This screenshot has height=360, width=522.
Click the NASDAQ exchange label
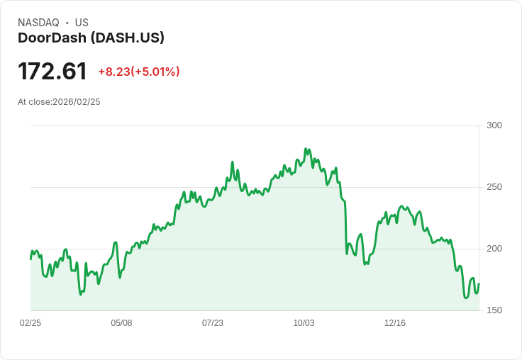pyautogui.click(x=38, y=23)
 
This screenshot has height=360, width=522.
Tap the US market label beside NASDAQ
pyautogui.click(x=82, y=23)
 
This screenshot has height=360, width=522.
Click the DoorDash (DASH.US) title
pyautogui.click(x=91, y=38)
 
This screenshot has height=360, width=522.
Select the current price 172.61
pyautogui.click(x=52, y=71)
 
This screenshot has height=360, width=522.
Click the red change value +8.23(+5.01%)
pyautogui.click(x=139, y=72)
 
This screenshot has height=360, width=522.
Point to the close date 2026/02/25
pyautogui.click(x=77, y=102)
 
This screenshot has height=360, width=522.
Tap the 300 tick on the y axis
pyautogui.click(x=494, y=125)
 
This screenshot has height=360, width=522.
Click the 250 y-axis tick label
pyautogui.click(x=494, y=187)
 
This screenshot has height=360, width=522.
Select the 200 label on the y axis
pyautogui.click(x=494, y=249)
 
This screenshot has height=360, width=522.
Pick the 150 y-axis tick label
pyautogui.click(x=494, y=310)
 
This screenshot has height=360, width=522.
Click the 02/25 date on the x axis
pyautogui.click(x=30, y=323)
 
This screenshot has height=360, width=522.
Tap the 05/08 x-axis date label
pyautogui.click(x=121, y=323)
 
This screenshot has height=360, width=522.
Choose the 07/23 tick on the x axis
pyautogui.click(x=213, y=323)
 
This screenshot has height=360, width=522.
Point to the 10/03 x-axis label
pyautogui.click(x=304, y=323)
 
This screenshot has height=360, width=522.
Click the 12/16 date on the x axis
pyautogui.click(x=395, y=323)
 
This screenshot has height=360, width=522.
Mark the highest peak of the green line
pyautogui.click(x=306, y=149)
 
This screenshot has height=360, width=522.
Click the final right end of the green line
pyautogui.click(x=479, y=283)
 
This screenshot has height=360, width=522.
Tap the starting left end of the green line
pyautogui.click(x=30, y=259)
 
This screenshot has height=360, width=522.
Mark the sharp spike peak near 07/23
pyautogui.click(x=232, y=162)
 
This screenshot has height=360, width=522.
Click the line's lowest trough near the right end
pyautogui.click(x=466, y=298)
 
